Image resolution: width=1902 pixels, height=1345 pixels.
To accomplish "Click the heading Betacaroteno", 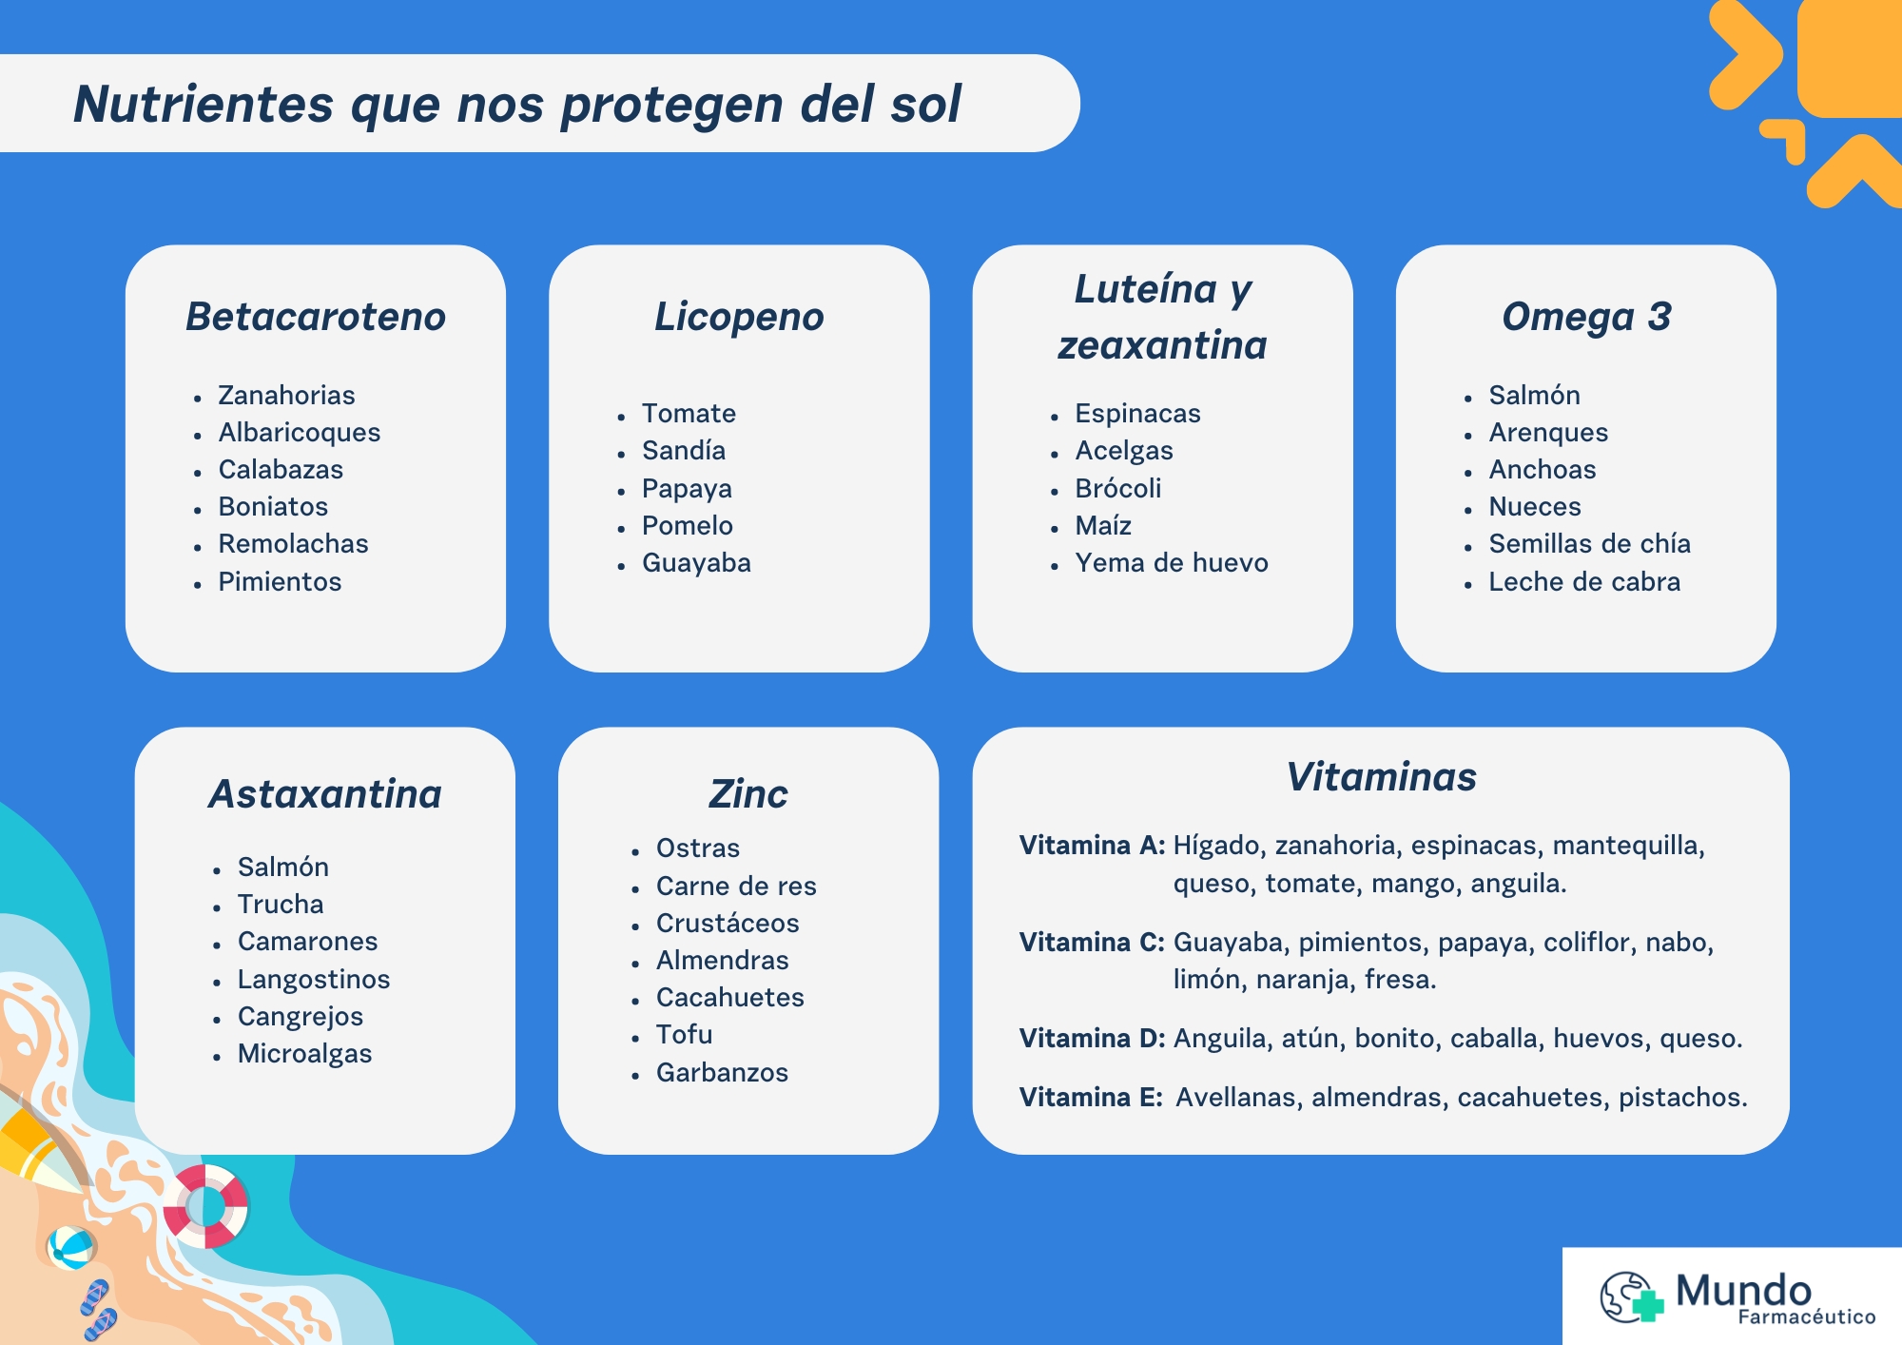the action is click(x=316, y=317).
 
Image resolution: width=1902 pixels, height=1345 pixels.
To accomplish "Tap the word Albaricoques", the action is click(x=300, y=433).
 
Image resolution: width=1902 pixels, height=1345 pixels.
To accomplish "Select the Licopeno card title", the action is click(x=739, y=318).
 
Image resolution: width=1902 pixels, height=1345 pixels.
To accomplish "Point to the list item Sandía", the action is click(x=684, y=451).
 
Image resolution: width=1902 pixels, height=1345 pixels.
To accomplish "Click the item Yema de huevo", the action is click(x=1172, y=563).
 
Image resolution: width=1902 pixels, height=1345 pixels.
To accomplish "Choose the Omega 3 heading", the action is click(x=1586, y=318).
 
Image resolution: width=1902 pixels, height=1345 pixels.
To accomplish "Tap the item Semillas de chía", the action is click(x=1590, y=544).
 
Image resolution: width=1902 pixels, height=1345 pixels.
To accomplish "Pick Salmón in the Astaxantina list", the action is click(x=283, y=867).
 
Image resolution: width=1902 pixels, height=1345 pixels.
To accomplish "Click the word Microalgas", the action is click(x=305, y=1055).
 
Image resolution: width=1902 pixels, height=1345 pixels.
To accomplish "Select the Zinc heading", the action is click(x=748, y=794).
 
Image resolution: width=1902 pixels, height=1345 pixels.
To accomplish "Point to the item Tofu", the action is click(x=685, y=1035).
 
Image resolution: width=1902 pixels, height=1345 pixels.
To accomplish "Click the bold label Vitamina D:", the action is click(x=1093, y=1039).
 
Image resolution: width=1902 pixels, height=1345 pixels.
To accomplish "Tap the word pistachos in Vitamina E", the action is click(x=1683, y=1099).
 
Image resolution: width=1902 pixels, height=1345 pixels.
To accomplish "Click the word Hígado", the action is click(x=1219, y=847).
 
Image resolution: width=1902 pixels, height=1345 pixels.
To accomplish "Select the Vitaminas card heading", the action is click(x=1382, y=777).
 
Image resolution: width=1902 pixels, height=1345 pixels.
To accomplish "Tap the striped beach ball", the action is click(x=70, y=1247).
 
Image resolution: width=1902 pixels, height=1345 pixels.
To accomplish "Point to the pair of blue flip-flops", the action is click(x=99, y=1311).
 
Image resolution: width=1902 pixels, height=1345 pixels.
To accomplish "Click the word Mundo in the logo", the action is click(x=1743, y=1291).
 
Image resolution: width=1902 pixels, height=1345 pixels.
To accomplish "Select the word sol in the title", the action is click(x=926, y=104).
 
